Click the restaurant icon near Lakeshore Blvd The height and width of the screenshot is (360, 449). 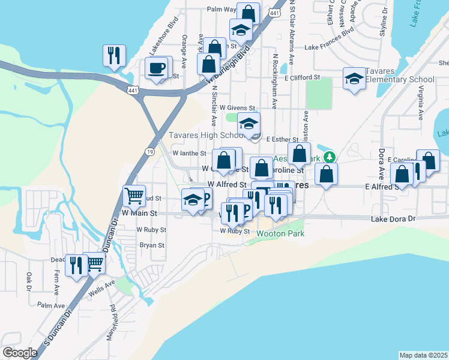tap(113, 55)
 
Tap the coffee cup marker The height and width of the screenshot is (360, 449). tap(158, 68)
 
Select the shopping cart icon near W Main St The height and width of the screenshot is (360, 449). tap(134, 195)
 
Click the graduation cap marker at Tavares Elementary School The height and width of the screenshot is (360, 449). tap(354, 79)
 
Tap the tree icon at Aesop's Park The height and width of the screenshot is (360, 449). tap(328, 157)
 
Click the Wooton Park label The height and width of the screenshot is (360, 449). tap(280, 233)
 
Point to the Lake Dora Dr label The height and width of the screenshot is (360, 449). tap(393, 220)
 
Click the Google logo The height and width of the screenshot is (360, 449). tap(20, 352)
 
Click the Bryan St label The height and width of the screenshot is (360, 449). tap(152, 245)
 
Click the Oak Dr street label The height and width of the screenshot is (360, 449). tap(29, 281)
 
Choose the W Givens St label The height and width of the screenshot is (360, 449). tap(234, 107)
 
